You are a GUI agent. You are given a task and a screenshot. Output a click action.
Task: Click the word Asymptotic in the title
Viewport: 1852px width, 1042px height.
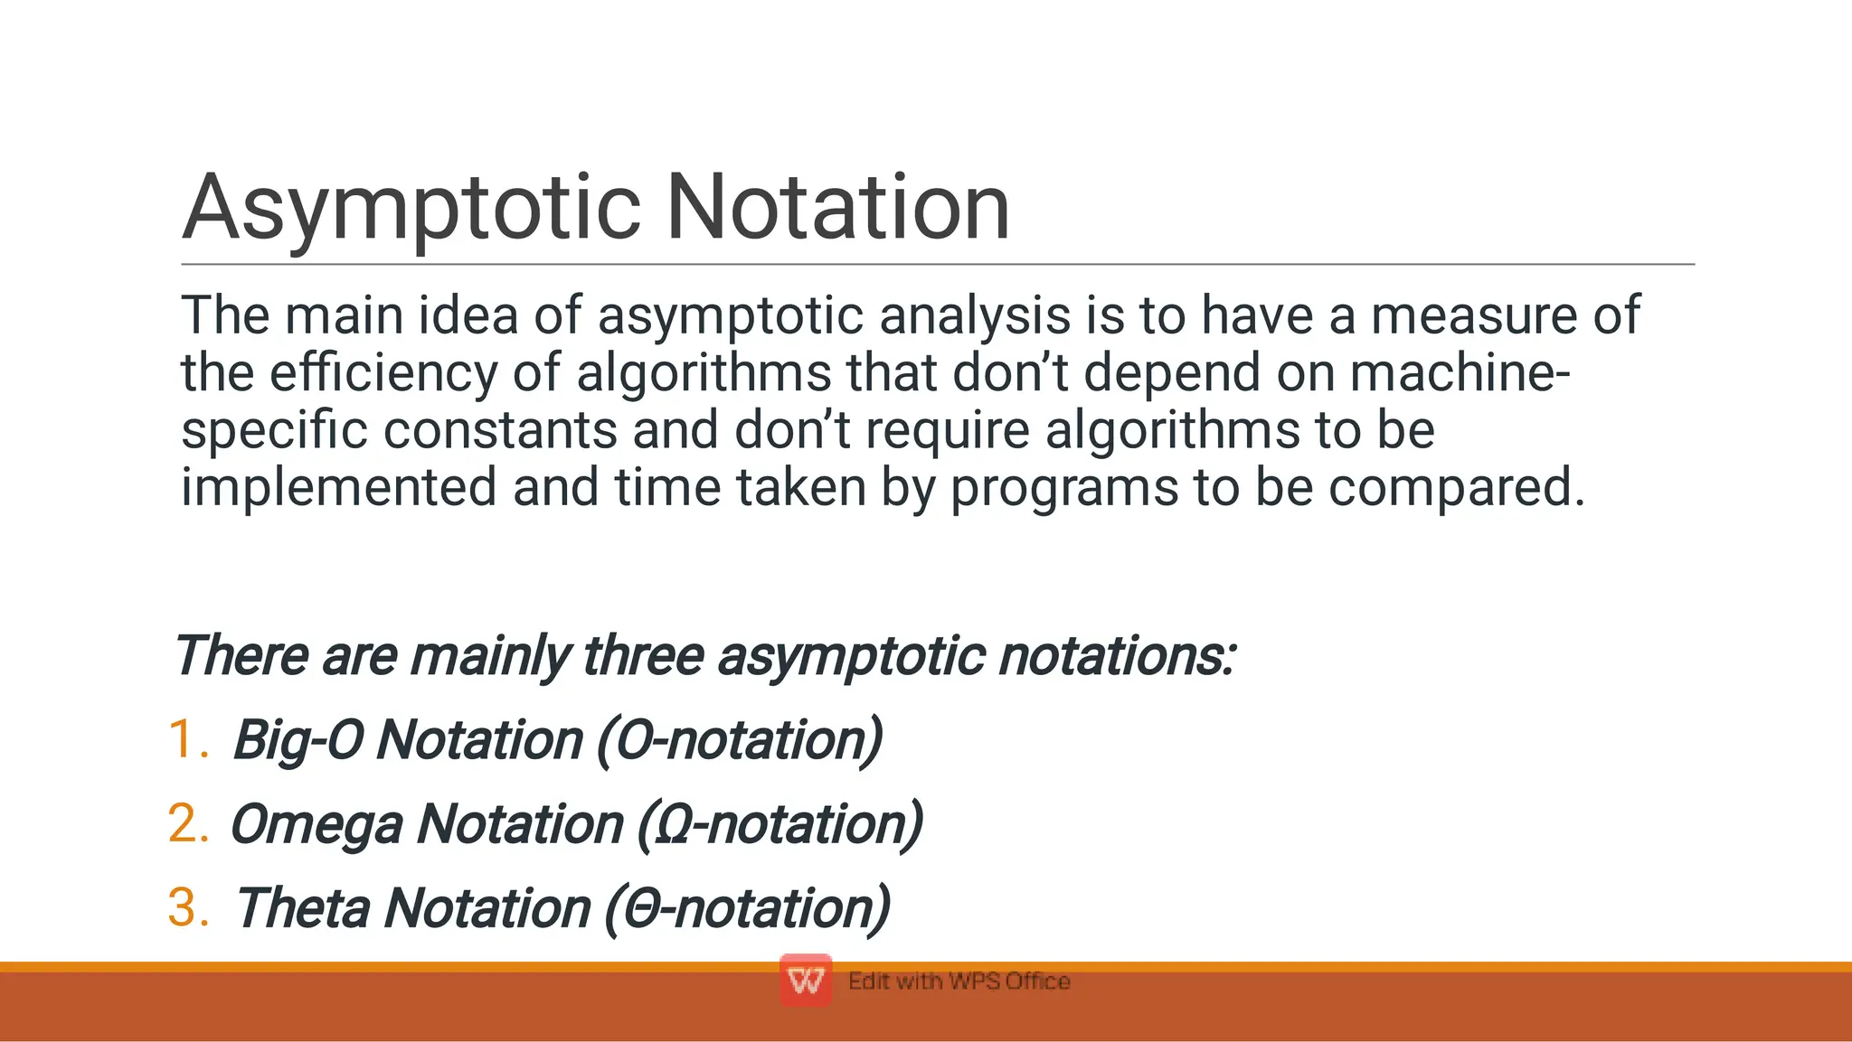[x=411, y=210]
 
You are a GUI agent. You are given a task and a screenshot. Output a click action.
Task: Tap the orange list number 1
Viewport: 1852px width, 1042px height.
[x=187, y=739]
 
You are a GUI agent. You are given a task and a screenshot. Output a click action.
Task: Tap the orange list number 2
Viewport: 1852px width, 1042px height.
[x=188, y=823]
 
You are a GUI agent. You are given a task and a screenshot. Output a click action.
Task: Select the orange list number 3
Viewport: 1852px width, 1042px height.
[x=188, y=907]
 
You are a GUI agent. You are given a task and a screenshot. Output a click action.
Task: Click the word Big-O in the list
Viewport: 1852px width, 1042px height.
[x=298, y=741]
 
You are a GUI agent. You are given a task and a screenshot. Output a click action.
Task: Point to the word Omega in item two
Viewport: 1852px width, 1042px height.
[x=316, y=825]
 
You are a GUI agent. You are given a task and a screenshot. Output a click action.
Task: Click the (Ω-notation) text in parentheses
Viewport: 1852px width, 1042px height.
[x=780, y=825]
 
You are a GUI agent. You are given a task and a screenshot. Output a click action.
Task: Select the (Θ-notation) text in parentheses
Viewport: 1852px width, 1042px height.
[x=747, y=908]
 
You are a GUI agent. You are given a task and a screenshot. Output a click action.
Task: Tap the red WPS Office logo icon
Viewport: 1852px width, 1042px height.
[x=805, y=981]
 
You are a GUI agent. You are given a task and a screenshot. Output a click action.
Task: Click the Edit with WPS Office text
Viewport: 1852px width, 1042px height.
[x=959, y=981]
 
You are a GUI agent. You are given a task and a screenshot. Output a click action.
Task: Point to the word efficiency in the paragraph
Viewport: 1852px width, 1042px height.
[x=383, y=373]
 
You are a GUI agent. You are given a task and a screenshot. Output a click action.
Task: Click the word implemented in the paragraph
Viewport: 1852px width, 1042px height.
[x=338, y=487]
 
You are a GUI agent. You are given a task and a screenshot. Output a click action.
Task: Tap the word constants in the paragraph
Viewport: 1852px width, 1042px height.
[x=500, y=430]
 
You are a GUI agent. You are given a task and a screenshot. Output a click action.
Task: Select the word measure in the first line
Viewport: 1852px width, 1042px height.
[x=1474, y=316]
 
